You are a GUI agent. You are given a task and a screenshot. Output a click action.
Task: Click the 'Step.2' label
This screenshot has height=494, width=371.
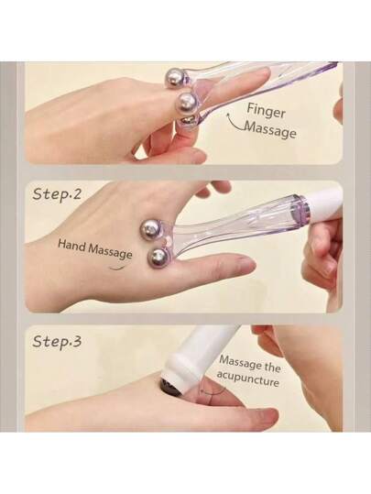(57, 193)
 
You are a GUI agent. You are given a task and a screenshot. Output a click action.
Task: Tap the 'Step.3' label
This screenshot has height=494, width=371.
(57, 341)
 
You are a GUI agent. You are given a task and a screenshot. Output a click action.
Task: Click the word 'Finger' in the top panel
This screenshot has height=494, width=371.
(266, 110)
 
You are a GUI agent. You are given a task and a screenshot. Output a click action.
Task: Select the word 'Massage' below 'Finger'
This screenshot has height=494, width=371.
(270, 129)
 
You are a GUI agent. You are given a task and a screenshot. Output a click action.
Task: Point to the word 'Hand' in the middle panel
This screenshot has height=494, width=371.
(71, 245)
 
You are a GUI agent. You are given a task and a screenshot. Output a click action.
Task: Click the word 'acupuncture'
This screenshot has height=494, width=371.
(248, 379)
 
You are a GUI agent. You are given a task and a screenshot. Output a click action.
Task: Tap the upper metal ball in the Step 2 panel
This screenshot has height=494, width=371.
(151, 229)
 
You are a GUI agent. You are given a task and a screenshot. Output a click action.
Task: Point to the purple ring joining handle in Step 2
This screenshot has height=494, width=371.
(300, 208)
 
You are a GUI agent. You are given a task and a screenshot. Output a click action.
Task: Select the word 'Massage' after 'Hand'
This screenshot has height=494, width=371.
(110, 251)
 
